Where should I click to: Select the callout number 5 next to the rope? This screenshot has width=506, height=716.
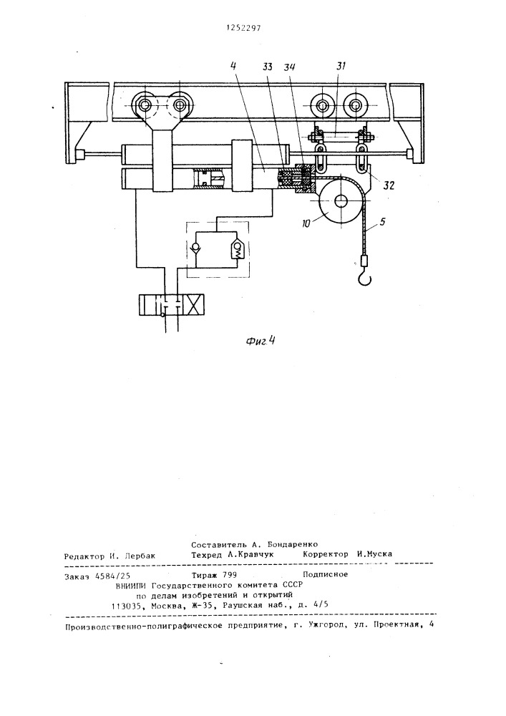pyautogui.click(x=382, y=222)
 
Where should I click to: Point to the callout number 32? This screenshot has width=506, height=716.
pyautogui.click(x=388, y=186)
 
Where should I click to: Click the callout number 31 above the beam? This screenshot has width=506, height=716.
pyautogui.click(x=341, y=66)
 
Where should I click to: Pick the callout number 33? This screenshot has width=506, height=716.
pyautogui.click(x=268, y=67)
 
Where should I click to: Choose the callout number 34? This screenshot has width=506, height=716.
pyautogui.click(x=290, y=67)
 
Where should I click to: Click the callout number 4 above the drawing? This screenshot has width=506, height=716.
pyautogui.click(x=233, y=65)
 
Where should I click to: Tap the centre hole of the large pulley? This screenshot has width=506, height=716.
pyautogui.click(x=341, y=201)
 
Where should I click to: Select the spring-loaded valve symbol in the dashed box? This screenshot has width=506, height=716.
pyautogui.click(x=238, y=249)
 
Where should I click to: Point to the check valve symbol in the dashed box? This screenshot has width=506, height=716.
pyautogui.click(x=196, y=249)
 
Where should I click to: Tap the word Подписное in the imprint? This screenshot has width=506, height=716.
pyautogui.click(x=326, y=574)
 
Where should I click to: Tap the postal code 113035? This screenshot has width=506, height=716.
pyautogui.click(x=126, y=606)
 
